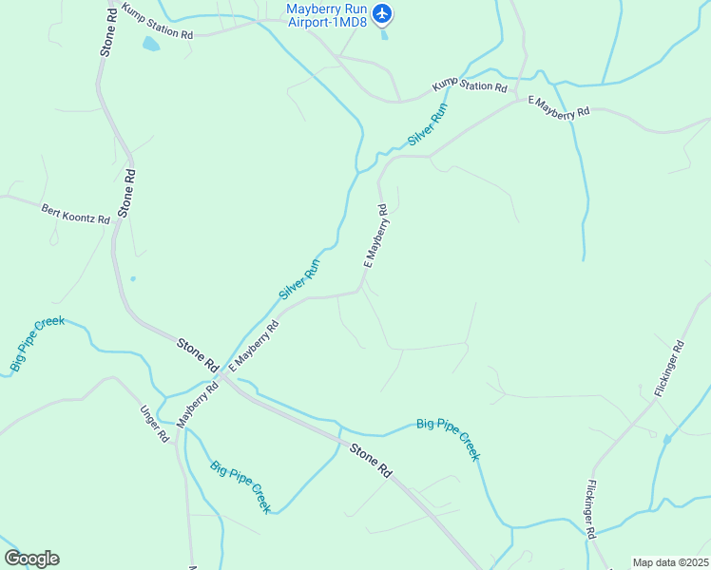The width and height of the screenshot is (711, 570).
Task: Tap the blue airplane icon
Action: pos(382,13)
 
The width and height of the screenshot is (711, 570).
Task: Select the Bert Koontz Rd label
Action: pos(75,213)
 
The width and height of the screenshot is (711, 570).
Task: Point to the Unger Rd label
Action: pos(154,425)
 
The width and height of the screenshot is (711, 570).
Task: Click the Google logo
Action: pos(31,559)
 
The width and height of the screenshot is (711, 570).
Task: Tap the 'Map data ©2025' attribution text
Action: pos(670,562)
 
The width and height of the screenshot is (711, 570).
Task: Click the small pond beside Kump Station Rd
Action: pos(150,44)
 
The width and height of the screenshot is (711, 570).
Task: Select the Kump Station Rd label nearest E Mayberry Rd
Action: pos(470,85)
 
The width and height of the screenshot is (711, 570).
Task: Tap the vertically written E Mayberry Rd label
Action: pos(376,237)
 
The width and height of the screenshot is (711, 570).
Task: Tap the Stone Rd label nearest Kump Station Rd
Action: pos(106,31)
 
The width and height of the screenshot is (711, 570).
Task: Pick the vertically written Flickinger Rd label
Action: pos(590,510)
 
